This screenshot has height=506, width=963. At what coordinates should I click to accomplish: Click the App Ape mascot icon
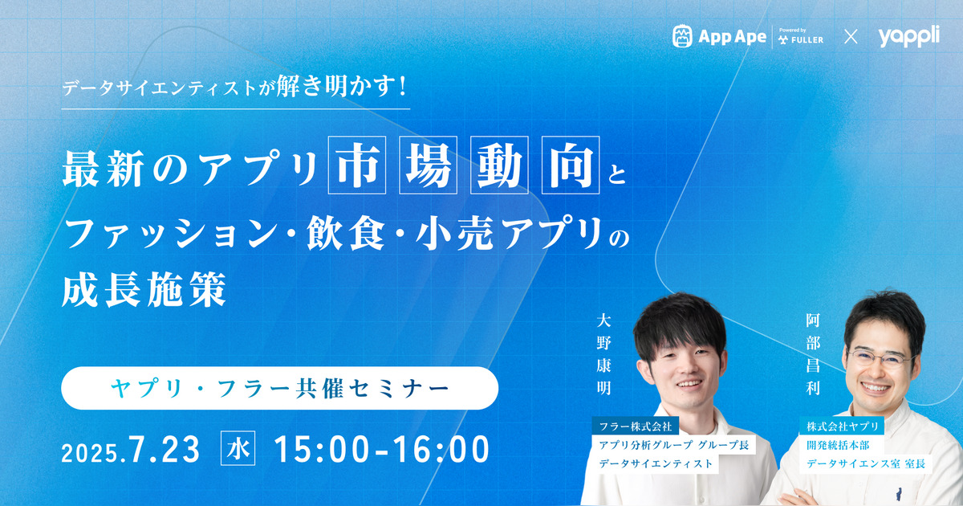point(682,36)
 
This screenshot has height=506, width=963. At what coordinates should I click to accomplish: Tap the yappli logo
point(908,36)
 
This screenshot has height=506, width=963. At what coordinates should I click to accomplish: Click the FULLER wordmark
point(807,40)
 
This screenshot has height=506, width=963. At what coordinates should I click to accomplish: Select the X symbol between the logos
point(851,37)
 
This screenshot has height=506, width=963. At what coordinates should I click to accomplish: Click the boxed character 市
point(357,165)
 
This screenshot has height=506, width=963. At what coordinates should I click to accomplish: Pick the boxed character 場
point(429,165)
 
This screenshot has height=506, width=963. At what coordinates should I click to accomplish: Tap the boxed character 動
point(499,165)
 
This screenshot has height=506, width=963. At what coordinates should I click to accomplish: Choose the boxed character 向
point(571,165)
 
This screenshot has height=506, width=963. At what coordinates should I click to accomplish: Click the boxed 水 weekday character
point(238,448)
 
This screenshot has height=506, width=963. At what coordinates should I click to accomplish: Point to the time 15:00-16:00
point(382,449)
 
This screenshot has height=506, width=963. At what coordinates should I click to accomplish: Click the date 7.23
point(164,449)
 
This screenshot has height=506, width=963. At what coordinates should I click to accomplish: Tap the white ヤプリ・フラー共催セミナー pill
point(280,388)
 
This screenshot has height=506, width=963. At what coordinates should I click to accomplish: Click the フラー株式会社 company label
point(636,426)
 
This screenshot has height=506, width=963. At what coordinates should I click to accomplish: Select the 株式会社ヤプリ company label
point(842,426)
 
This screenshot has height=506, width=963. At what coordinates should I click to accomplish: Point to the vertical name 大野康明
point(604,354)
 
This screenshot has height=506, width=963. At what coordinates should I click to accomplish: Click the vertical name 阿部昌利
point(813,354)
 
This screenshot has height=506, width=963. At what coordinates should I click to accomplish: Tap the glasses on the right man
point(880,359)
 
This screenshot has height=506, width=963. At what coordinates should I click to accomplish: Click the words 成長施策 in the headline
point(144,289)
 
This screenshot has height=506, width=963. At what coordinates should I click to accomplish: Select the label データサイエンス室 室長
point(866,464)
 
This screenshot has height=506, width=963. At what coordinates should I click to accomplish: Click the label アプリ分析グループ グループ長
point(674,445)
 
